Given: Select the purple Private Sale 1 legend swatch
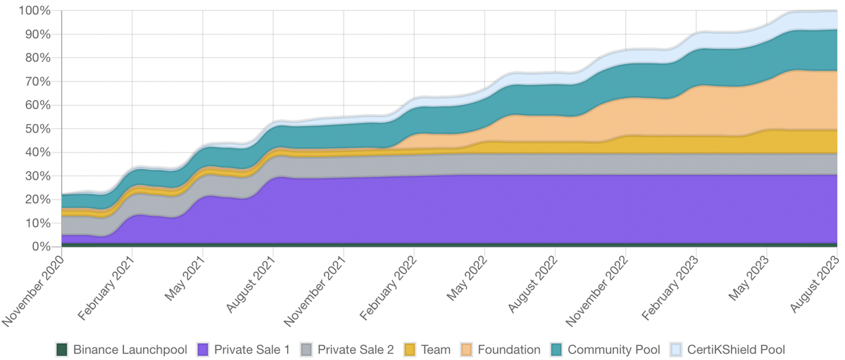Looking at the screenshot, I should pyautogui.click(x=203, y=349).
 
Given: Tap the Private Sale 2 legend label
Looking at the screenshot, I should pyautogui.click(x=356, y=349).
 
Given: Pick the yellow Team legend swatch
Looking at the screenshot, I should pyautogui.click(x=410, y=349).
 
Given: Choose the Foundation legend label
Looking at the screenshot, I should pyautogui.click(x=509, y=349).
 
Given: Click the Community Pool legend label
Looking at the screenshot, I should pyautogui.click(x=614, y=349).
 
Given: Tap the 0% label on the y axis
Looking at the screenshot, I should pyautogui.click(x=41, y=247).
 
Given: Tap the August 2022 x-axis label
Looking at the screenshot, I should pyautogui.click(x=534, y=285).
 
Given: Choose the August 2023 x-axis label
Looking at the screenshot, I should pyautogui.click(x=815, y=285).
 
